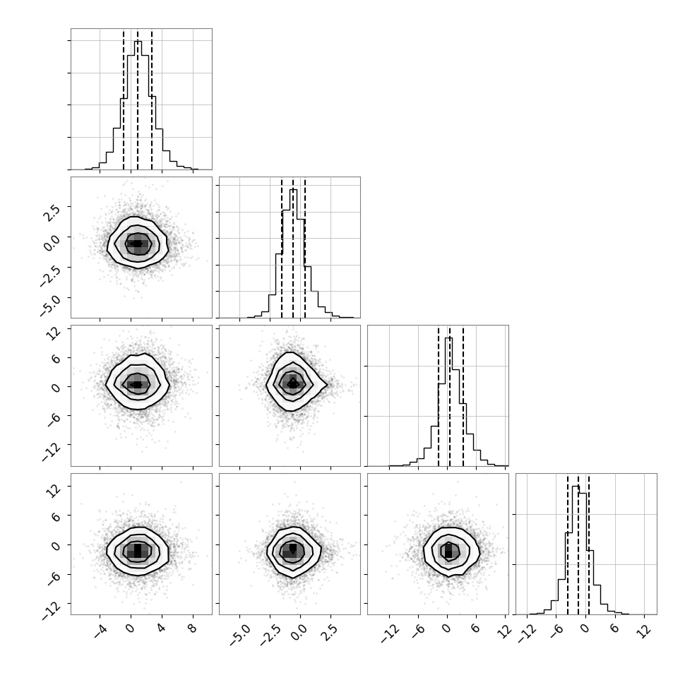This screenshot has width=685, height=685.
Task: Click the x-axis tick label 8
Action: (x=193, y=629)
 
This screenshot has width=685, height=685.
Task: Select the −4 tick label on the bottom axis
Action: (x=100, y=630)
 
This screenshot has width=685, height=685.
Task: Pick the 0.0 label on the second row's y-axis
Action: (x=52, y=241)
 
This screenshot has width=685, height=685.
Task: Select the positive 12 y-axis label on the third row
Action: (x=53, y=334)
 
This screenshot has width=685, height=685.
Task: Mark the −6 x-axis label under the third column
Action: (x=417, y=630)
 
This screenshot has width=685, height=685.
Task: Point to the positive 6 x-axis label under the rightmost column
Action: (x=614, y=629)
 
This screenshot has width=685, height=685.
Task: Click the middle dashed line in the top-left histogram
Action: (x=138, y=100)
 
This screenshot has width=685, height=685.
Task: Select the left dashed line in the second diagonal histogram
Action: (x=282, y=248)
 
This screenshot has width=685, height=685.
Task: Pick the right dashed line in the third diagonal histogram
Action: (x=463, y=396)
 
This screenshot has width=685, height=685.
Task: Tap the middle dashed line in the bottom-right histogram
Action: (x=578, y=544)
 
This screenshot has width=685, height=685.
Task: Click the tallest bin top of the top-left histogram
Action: (x=138, y=42)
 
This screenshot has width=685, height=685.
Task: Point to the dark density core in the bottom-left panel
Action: (x=138, y=549)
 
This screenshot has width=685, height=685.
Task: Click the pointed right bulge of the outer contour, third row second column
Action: (x=327, y=384)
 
